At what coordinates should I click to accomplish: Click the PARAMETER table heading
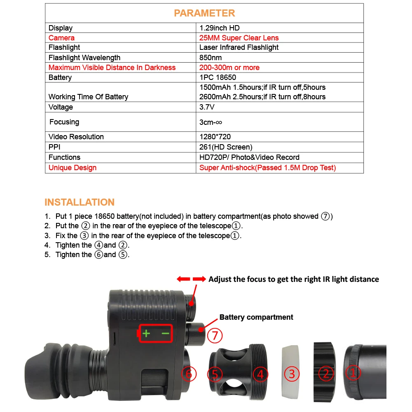pyautogui.click(x=204, y=13)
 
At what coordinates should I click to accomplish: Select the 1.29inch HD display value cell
pyautogui.click(x=219, y=28)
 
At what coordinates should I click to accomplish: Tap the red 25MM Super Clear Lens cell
pyautogui.click(x=239, y=38)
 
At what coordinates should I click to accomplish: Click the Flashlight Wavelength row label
pyautogui.click(x=84, y=58)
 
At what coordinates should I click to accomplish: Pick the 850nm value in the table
pyautogui.click(x=211, y=58)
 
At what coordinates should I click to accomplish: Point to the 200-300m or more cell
pyautogui.click(x=229, y=68)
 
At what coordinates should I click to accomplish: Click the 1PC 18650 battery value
pyautogui.click(x=218, y=77)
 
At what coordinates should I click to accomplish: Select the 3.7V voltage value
pyautogui.click(x=207, y=107)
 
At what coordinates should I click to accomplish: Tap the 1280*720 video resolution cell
pyautogui.click(x=215, y=137)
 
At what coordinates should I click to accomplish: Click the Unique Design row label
pyautogui.click(x=73, y=168)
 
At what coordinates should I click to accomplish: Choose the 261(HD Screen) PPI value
pyautogui.click(x=226, y=147)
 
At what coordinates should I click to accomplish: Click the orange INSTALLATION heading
pyautogui.click(x=80, y=202)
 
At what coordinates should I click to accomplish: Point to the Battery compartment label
pyautogui.click(x=256, y=317)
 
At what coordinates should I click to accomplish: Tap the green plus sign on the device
pyautogui.click(x=146, y=334)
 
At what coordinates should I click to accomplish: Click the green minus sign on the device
pyautogui.click(x=166, y=334)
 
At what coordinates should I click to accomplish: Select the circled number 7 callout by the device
pyautogui.click(x=215, y=335)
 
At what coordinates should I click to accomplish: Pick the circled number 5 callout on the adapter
pyautogui.click(x=215, y=374)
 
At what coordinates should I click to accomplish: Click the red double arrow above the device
pyautogui.click(x=191, y=279)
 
